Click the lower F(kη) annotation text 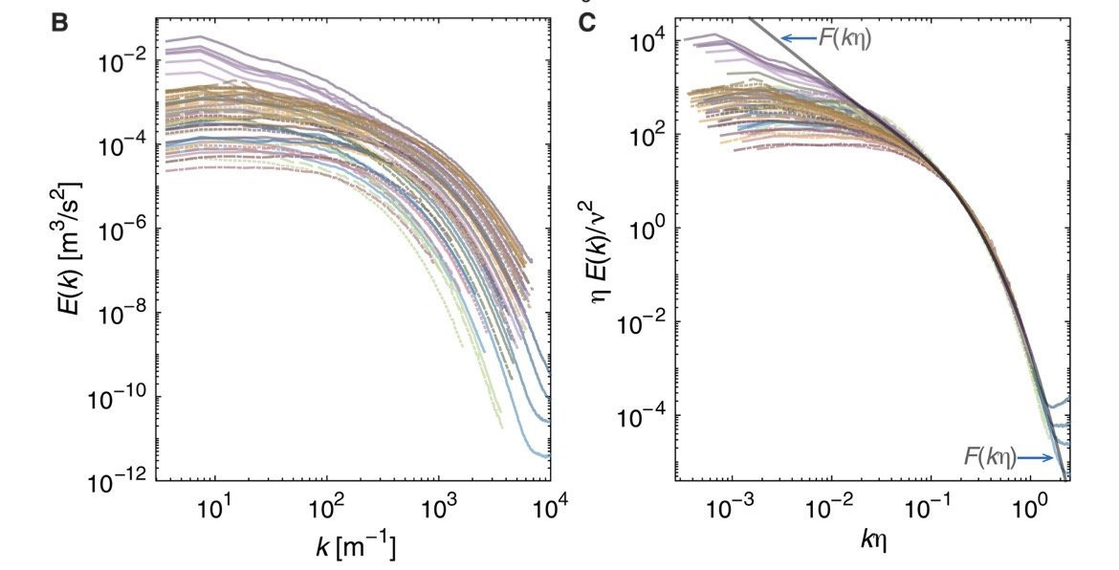pyautogui.click(x=989, y=458)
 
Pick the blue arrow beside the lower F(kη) pyautogui.click(x=1036, y=458)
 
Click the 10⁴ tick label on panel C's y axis pyautogui.click(x=652, y=42)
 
